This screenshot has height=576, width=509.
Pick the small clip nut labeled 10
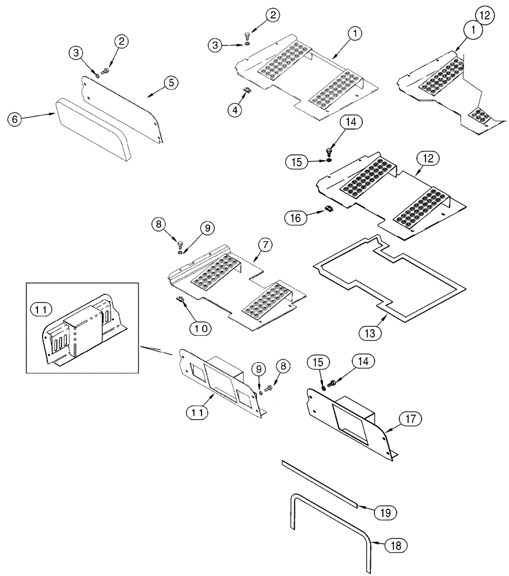[179, 298]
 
